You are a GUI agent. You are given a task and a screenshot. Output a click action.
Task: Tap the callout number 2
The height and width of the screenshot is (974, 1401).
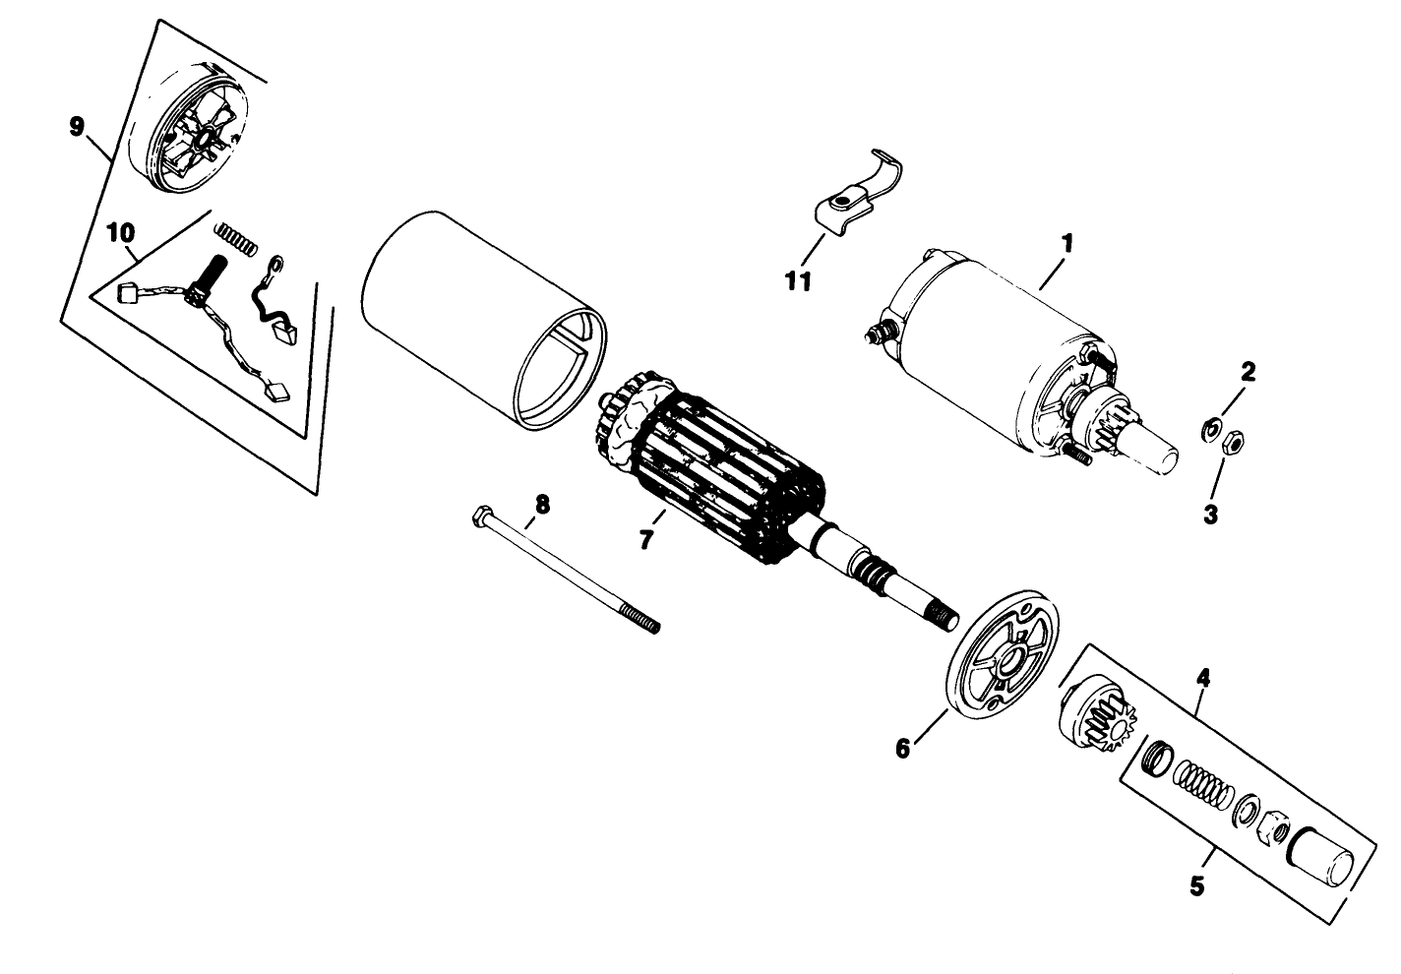pyautogui.click(x=1248, y=372)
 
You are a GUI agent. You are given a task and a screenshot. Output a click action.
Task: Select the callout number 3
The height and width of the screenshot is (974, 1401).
pyautogui.click(x=1210, y=514)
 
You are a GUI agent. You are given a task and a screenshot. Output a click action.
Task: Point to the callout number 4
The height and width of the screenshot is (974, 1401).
pyautogui.click(x=1202, y=678)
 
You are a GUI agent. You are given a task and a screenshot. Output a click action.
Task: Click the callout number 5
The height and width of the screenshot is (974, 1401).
pyautogui.click(x=1196, y=885)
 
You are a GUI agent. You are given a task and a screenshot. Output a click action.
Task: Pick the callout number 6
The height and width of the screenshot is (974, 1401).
pyautogui.click(x=902, y=748)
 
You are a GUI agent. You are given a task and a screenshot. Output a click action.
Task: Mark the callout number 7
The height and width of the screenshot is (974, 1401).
pyautogui.click(x=645, y=539)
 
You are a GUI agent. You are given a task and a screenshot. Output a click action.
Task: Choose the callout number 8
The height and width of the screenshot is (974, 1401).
pyautogui.click(x=541, y=505)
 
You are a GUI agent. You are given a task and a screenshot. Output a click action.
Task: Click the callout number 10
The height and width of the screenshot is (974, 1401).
pyautogui.click(x=119, y=233)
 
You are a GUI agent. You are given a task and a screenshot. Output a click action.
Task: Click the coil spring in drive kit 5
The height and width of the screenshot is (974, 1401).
pyautogui.click(x=1200, y=784)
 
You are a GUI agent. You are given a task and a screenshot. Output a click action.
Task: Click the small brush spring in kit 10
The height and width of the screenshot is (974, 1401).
pyautogui.click(x=236, y=236)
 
